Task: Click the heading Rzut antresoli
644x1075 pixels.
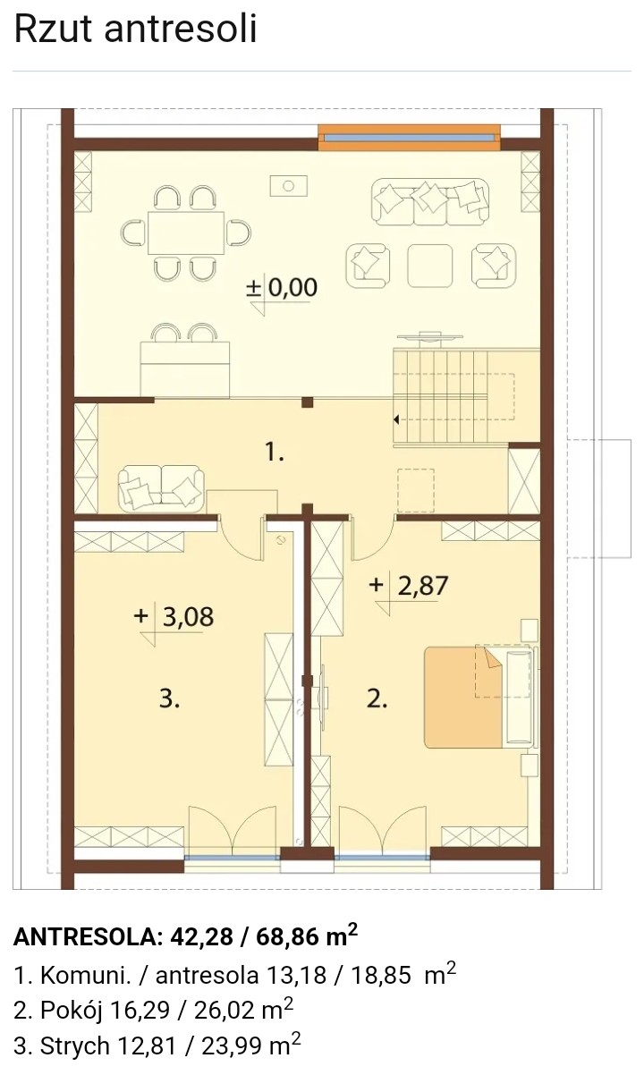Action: click(136, 30)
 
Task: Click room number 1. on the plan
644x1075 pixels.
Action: click(275, 452)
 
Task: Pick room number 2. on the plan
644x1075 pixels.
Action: click(377, 699)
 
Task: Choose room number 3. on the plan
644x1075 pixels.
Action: click(169, 699)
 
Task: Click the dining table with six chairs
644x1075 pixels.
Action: click(186, 233)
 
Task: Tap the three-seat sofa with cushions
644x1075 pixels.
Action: click(430, 201)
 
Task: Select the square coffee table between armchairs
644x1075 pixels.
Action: click(430, 266)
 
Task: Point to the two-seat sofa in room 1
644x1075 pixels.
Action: click(161, 488)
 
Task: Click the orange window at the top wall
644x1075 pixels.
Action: click(410, 137)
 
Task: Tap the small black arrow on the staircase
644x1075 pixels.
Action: click(396, 420)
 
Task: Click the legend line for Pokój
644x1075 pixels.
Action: click(154, 1011)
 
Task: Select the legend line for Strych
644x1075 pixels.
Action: click(157, 1045)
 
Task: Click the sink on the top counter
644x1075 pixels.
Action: click(288, 186)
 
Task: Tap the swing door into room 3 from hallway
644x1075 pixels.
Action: click(241, 537)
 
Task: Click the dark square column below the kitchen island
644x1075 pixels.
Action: click(307, 402)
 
